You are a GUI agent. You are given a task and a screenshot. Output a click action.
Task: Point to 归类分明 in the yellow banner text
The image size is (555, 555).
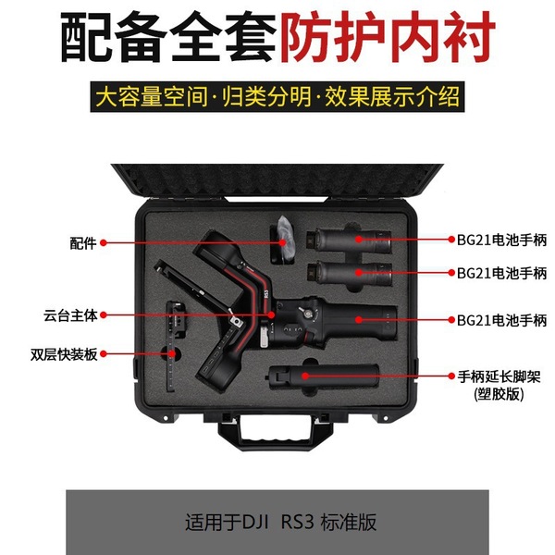point(257,96)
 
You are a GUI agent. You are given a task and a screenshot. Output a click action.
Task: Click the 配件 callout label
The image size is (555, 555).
point(82,243)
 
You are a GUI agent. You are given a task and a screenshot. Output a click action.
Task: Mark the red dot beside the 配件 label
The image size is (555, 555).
point(105,243)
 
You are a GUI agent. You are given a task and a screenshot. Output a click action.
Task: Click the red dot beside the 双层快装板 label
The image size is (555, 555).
point(105,353)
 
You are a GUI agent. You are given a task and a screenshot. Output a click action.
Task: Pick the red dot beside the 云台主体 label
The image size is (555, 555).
point(105,314)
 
